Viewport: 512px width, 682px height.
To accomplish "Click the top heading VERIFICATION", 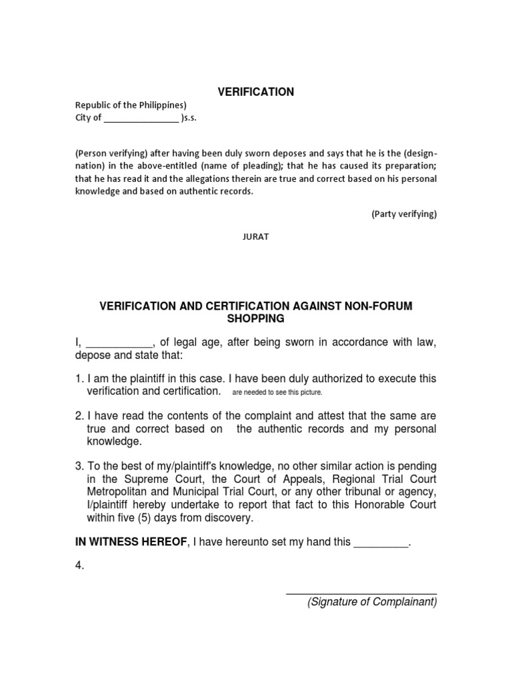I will point(256,92).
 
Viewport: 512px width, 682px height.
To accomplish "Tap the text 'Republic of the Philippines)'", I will point(131,105).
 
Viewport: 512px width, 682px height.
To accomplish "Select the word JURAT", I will point(255,237).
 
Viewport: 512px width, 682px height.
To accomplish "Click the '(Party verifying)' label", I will point(404,214).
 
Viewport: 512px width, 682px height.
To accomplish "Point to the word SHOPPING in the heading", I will point(256,318).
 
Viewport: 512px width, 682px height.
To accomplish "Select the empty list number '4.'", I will point(79,567).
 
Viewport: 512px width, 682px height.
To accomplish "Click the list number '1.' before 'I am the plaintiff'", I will point(79,378).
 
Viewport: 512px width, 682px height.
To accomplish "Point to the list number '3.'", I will point(79,466).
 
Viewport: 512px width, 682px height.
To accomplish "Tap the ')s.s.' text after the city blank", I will point(189,119).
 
